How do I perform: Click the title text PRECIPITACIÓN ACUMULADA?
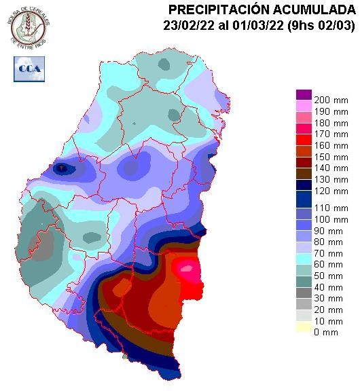point(261,10)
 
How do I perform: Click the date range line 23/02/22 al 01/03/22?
point(261,25)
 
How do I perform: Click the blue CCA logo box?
point(28,69)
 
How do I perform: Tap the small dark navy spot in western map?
point(62,168)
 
